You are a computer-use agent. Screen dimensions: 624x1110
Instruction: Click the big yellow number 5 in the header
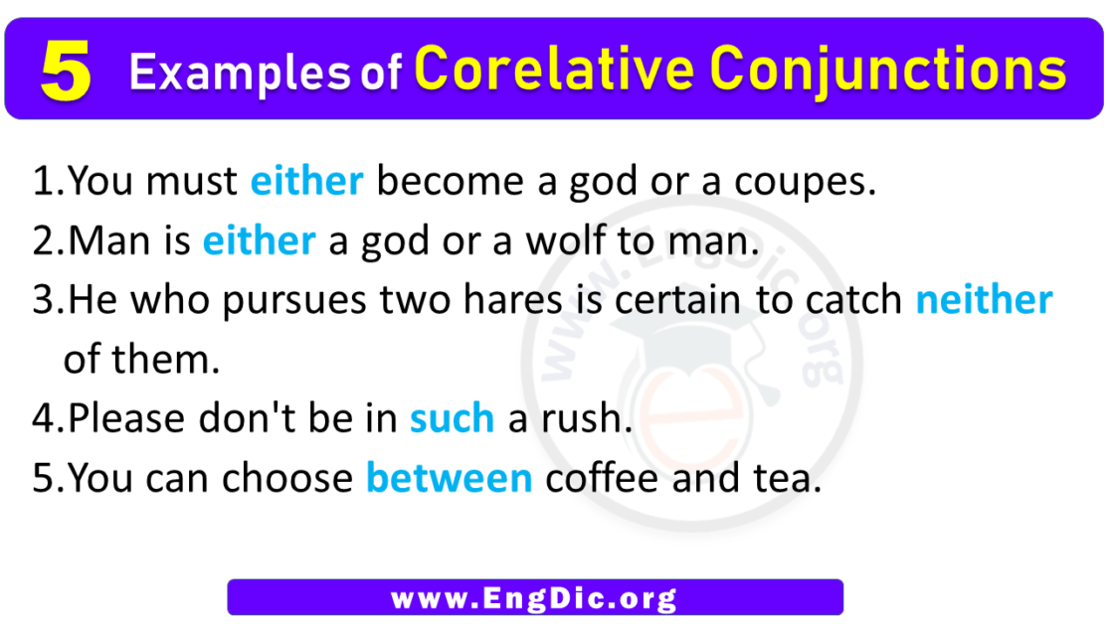[67, 72]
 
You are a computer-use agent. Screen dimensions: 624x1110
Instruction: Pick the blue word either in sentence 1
[306, 182]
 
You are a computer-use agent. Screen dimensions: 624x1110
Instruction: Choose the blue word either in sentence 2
[260, 241]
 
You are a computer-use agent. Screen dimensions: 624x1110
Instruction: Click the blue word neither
[984, 300]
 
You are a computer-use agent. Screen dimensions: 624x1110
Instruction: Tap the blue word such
[452, 418]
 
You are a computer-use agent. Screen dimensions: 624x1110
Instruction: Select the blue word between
[450, 479]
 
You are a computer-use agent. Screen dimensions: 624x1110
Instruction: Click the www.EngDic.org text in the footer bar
[534, 598]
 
